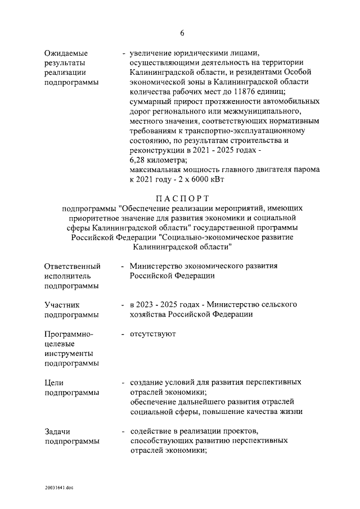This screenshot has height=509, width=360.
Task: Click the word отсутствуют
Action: click(153, 334)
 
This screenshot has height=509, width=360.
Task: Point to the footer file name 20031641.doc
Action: click(60, 487)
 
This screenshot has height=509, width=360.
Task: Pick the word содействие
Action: click(151, 431)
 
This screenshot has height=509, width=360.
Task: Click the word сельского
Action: click(278, 304)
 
